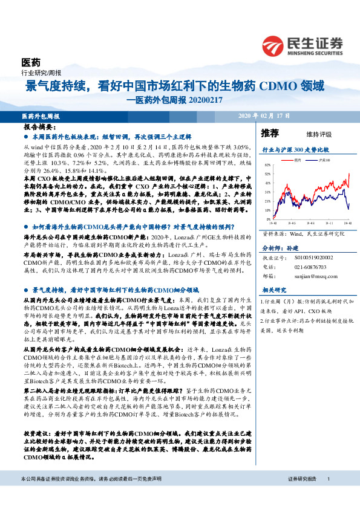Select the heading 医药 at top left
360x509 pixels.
pyautogui.click(x=30, y=62)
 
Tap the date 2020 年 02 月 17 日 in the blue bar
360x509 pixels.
pyautogui.click(x=265, y=115)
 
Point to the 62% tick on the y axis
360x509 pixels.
pyautogui.click(x=267, y=165)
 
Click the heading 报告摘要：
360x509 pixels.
pyautogui.click(x=39, y=129)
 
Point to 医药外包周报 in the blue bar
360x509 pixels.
pyautogui.click(x=40, y=115)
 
